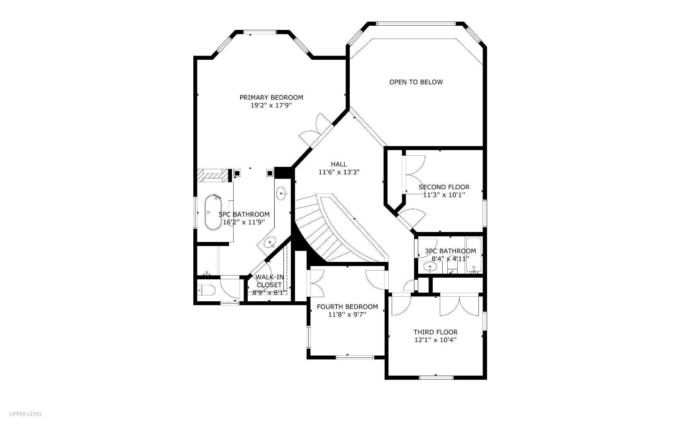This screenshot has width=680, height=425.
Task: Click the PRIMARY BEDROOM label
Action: pyautogui.click(x=271, y=98)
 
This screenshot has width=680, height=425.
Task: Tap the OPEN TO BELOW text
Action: pyautogui.click(x=416, y=82)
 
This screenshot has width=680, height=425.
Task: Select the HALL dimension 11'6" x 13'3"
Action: pyautogui.click(x=339, y=172)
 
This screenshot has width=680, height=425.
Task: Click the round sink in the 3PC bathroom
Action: pyautogui.click(x=429, y=267)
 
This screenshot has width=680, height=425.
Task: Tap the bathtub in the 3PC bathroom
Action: pyautogui.click(x=473, y=254)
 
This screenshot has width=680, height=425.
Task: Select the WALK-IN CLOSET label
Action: pyautogui.click(x=270, y=281)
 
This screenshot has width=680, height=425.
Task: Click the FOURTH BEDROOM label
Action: pyautogui.click(x=347, y=307)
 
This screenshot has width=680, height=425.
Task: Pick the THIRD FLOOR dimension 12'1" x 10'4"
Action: pyautogui.click(x=436, y=340)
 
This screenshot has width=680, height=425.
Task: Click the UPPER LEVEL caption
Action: pyautogui.click(x=26, y=414)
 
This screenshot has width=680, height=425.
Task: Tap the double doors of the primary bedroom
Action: pyautogui.click(x=316, y=129)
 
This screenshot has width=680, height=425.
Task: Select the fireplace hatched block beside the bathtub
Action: pyautogui.click(x=212, y=175)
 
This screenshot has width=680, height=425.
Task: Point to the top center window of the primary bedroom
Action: pyautogui.click(x=260, y=32)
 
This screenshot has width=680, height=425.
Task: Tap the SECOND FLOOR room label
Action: pyautogui.click(x=444, y=187)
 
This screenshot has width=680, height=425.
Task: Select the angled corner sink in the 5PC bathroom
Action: pyautogui.click(x=271, y=242)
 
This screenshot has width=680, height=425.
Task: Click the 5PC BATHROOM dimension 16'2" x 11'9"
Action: pyautogui.click(x=244, y=222)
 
